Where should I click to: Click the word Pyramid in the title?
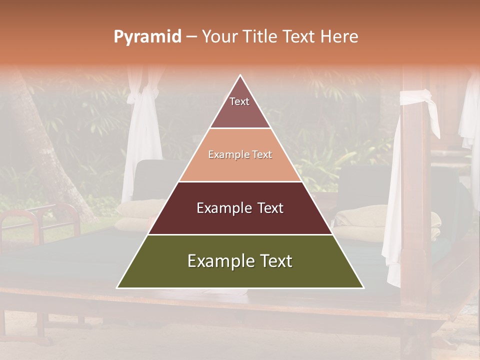(x=147, y=36)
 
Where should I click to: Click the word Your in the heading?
(x=220, y=36)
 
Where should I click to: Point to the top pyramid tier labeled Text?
(x=240, y=107)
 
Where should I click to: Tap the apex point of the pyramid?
(x=240, y=75)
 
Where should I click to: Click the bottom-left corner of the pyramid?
(x=117, y=287)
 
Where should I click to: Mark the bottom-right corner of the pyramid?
(x=363, y=287)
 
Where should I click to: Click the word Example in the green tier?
(x=219, y=261)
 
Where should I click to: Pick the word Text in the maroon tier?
(x=270, y=208)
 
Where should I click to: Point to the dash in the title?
(x=191, y=36)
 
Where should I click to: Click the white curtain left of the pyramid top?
(x=142, y=135)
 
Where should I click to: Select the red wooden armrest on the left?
(x=30, y=220)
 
